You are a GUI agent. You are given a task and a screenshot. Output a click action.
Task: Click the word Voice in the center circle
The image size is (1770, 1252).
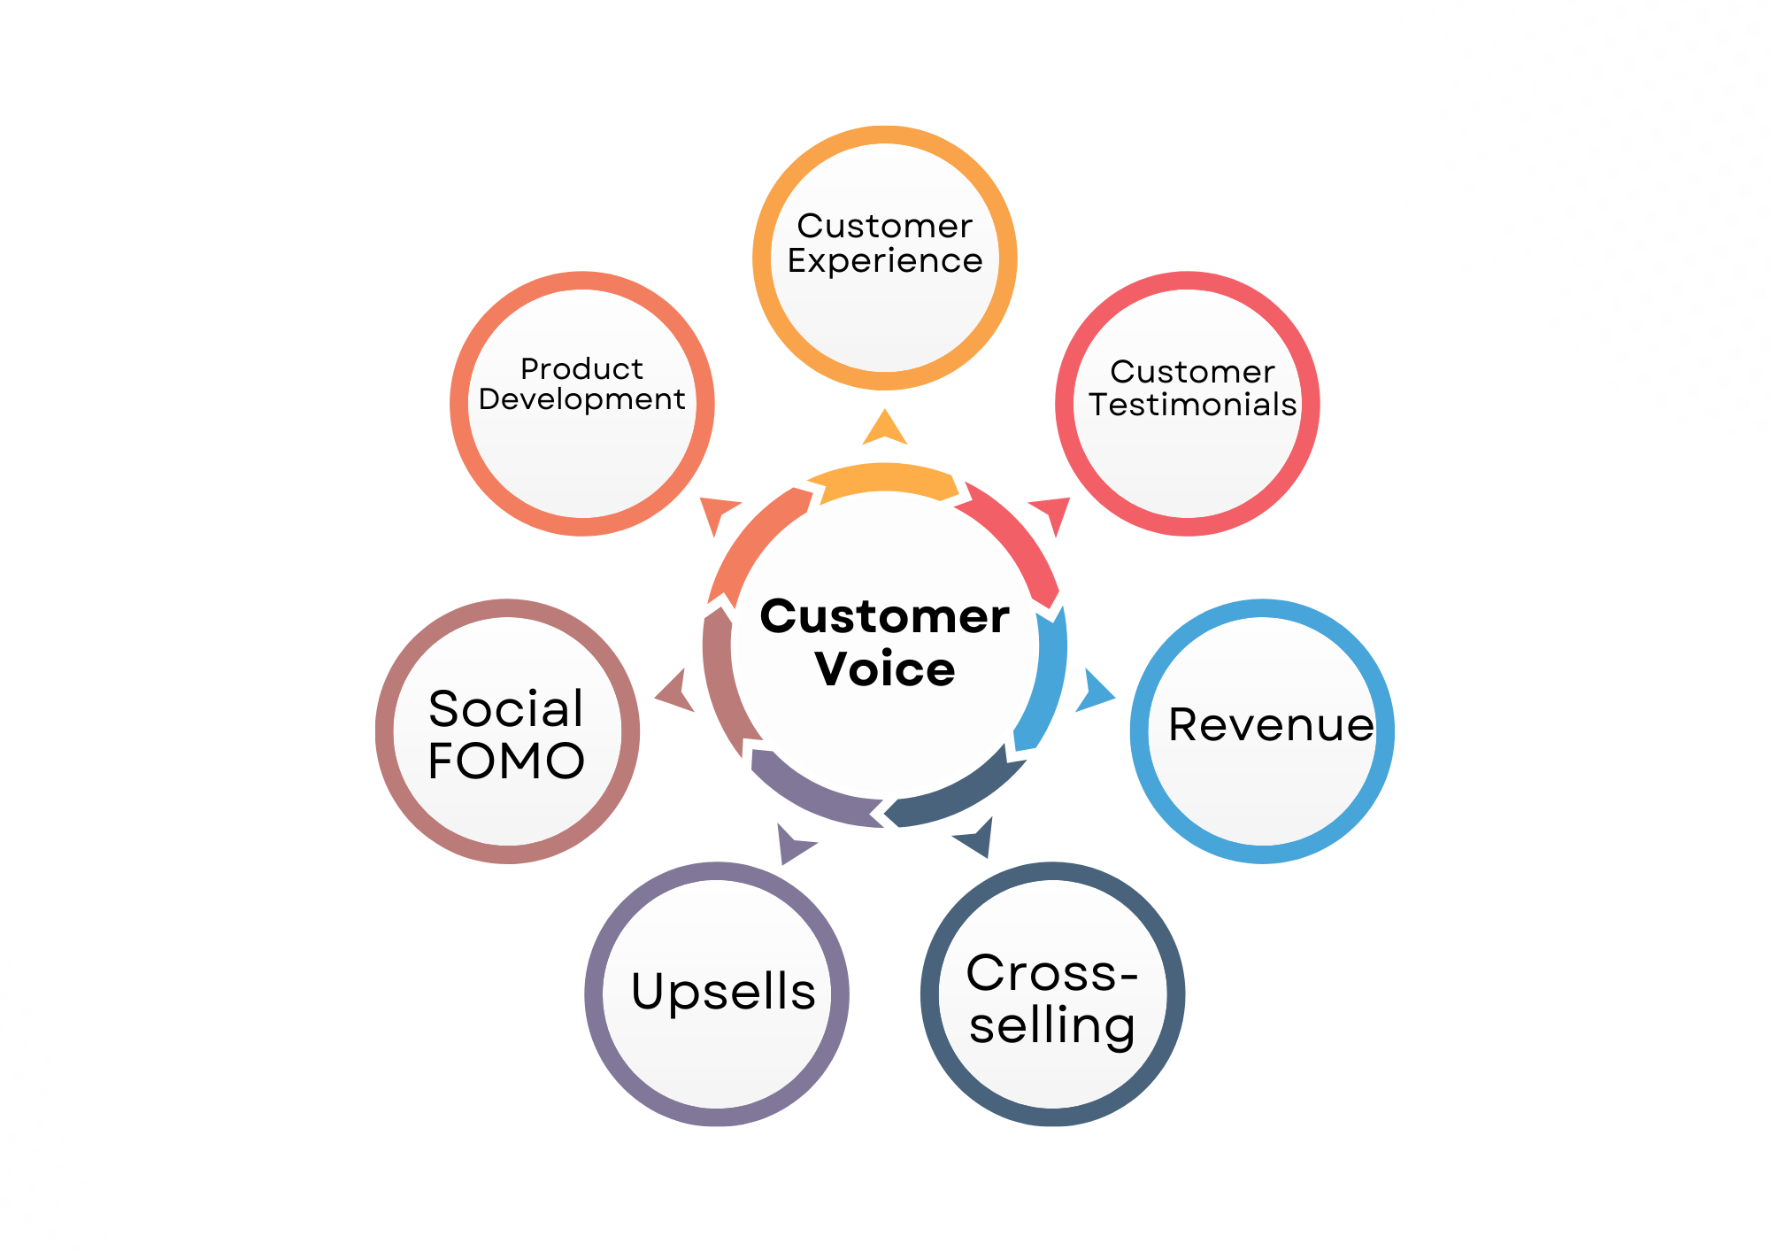click(x=885, y=669)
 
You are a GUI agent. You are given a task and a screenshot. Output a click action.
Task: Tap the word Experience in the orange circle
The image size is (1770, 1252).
click(x=885, y=261)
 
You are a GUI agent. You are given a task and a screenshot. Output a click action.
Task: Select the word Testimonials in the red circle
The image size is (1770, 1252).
click(x=1192, y=405)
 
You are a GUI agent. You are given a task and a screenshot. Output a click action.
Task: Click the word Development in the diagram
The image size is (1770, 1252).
click(x=581, y=399)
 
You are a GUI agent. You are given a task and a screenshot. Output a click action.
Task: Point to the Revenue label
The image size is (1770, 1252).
click(x=1271, y=725)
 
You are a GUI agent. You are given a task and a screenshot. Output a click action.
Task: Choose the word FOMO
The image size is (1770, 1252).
click(x=506, y=761)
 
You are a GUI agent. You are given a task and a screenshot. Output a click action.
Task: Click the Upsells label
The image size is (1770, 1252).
click(x=723, y=991)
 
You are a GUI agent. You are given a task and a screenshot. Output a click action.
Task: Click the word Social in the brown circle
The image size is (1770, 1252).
click(x=506, y=708)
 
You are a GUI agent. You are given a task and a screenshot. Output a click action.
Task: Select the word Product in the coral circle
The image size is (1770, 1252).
click(x=581, y=368)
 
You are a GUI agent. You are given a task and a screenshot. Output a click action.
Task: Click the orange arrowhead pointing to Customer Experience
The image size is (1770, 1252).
click(x=885, y=429)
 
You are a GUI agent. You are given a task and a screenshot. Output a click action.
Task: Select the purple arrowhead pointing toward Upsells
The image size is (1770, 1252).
click(x=792, y=844)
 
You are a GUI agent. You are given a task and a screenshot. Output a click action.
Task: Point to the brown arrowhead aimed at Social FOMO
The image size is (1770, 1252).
click(x=675, y=692)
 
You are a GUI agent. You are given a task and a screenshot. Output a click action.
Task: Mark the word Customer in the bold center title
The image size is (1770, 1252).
click(x=885, y=616)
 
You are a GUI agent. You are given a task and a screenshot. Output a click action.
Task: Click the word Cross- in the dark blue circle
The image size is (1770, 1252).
click(x=1052, y=973)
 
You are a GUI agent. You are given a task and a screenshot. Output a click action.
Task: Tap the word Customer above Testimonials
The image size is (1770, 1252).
click(x=1192, y=372)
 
